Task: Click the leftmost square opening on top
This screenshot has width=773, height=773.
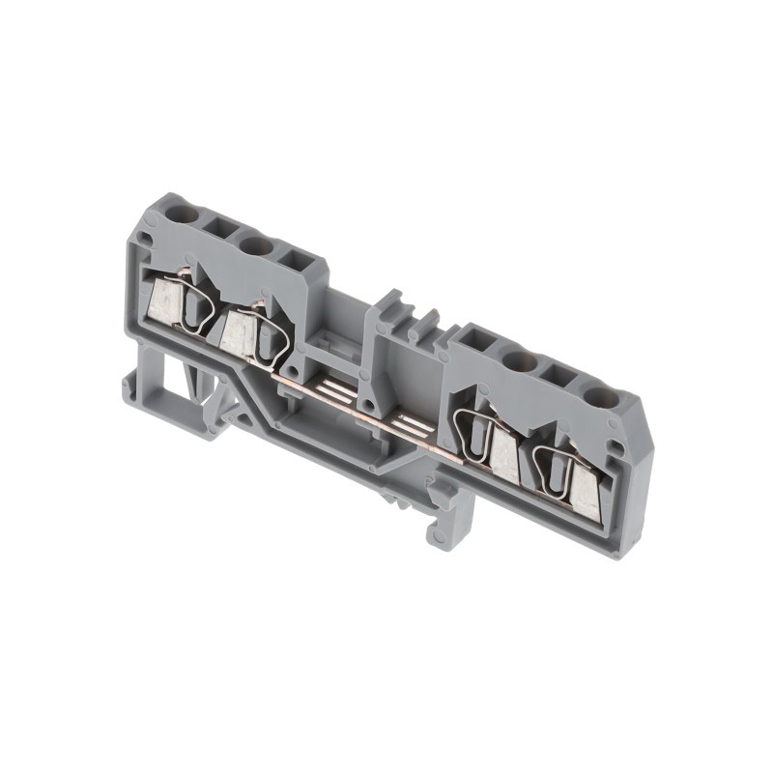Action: [x=217, y=228]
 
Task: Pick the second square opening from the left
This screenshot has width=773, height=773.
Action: [x=294, y=261]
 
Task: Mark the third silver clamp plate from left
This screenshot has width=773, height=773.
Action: [x=504, y=455]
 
